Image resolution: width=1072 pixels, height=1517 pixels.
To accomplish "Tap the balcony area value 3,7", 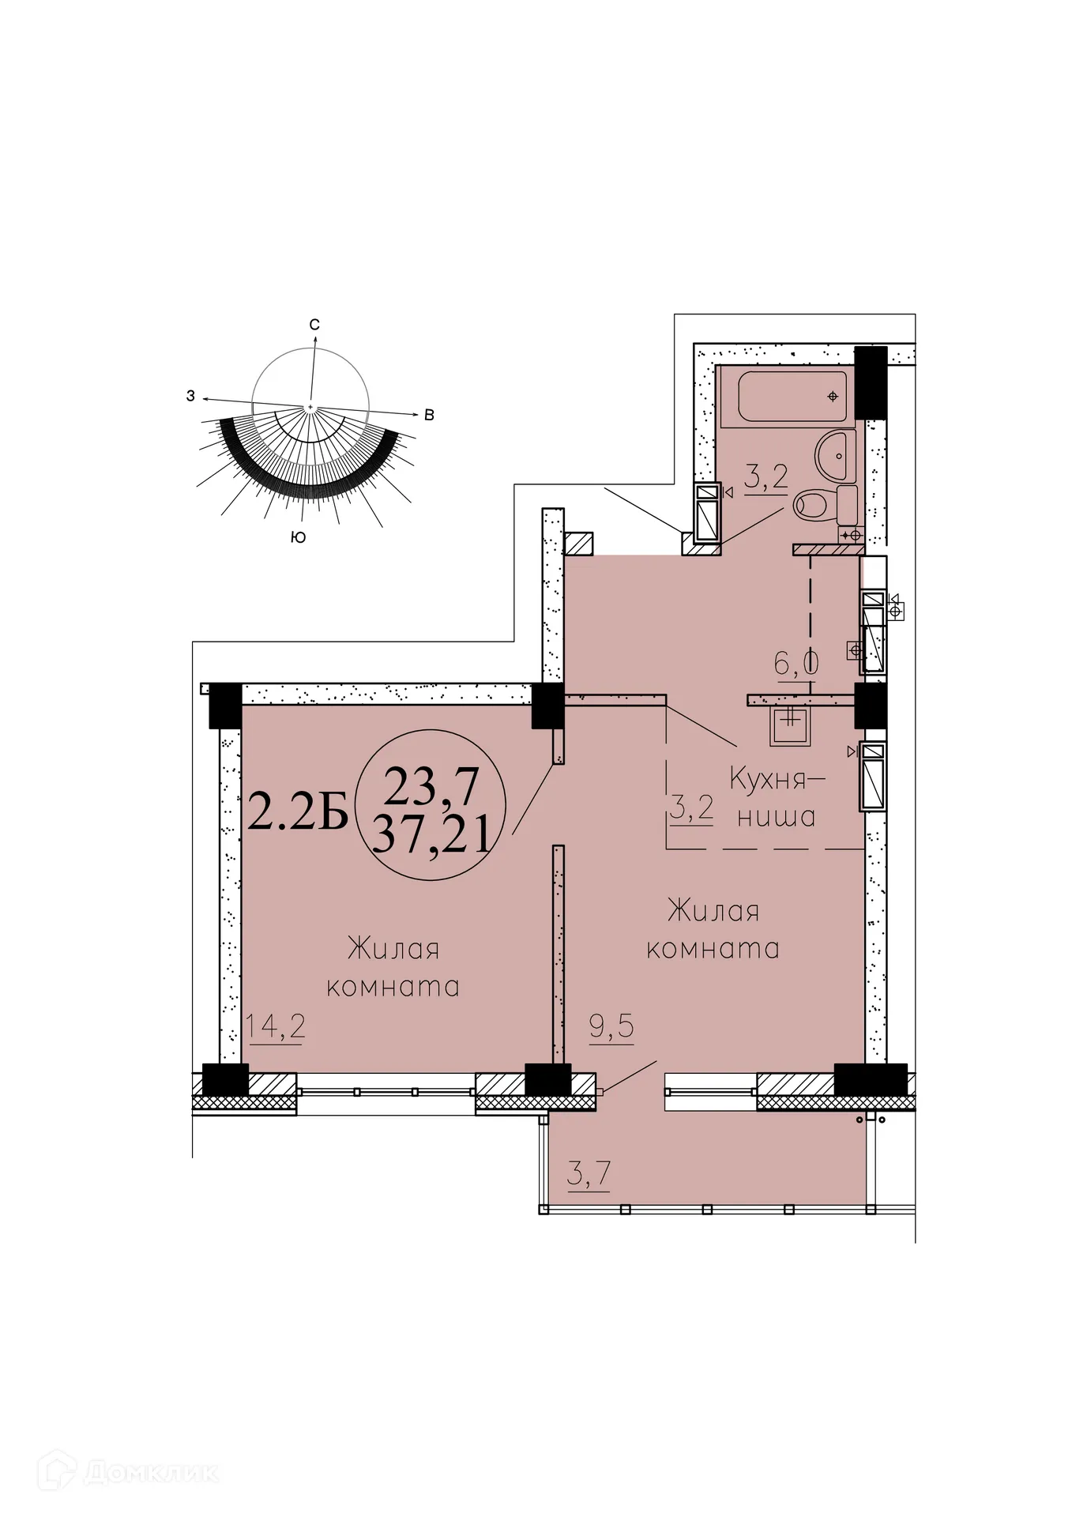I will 589,1175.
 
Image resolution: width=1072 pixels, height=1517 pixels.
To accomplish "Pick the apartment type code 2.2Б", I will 298,812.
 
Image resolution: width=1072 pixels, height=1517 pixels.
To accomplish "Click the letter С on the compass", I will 314,325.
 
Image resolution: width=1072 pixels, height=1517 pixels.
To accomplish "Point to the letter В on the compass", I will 429,415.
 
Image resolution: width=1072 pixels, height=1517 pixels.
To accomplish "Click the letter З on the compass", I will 190,397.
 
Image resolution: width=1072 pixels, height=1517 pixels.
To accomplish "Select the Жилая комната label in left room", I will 393,967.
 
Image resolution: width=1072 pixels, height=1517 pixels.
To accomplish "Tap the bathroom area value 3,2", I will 765,479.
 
